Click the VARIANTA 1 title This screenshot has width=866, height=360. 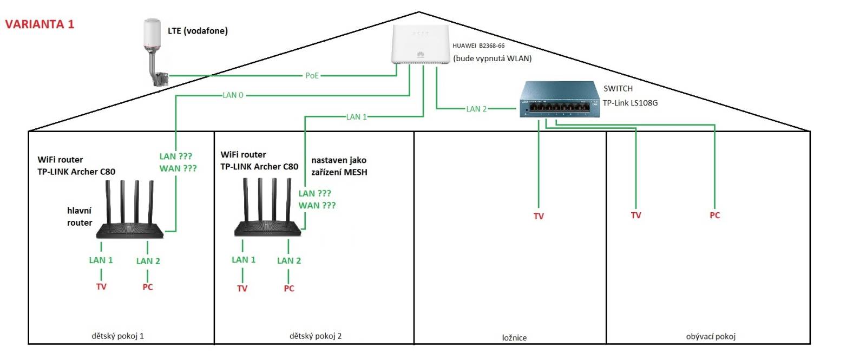click(39, 24)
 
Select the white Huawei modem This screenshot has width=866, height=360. click(420, 44)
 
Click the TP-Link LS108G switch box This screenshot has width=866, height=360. click(560, 99)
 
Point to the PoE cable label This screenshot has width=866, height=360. click(312, 75)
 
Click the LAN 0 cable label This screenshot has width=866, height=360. click(233, 95)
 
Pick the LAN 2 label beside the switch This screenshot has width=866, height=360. click(476, 109)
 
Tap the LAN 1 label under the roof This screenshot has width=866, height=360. click(356, 117)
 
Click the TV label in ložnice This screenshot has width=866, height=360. click(539, 216)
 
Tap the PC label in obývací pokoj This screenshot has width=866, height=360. click(714, 215)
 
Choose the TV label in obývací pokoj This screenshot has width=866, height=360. click(635, 215)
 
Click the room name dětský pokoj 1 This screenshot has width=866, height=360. click(117, 336)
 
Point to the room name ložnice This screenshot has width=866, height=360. click(514, 338)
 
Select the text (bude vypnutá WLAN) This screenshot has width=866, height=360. click(492, 58)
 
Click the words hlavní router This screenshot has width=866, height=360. click(80, 217)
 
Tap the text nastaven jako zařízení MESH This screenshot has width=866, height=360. click(339, 166)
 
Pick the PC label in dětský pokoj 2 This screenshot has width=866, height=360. click(289, 289)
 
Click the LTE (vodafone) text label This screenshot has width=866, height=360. click(198, 31)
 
